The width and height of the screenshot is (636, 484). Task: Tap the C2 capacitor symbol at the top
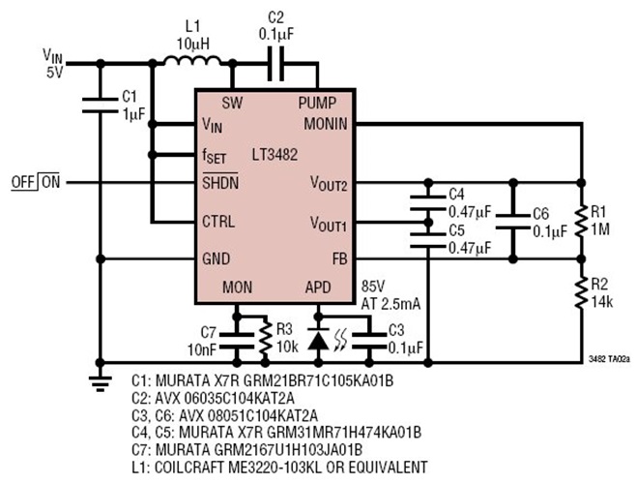coord(275,65)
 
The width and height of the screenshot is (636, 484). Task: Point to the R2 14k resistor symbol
coord(581,289)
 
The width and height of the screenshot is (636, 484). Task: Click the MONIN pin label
coord(329,124)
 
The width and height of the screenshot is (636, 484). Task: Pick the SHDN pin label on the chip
coord(221,182)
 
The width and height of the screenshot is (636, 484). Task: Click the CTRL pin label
coord(218,221)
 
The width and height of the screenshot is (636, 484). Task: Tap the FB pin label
coord(338,258)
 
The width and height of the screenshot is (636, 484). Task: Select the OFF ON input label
coord(35,182)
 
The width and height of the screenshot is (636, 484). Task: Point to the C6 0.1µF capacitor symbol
coord(512,221)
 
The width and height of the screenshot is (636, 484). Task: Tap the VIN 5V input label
coord(53,64)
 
